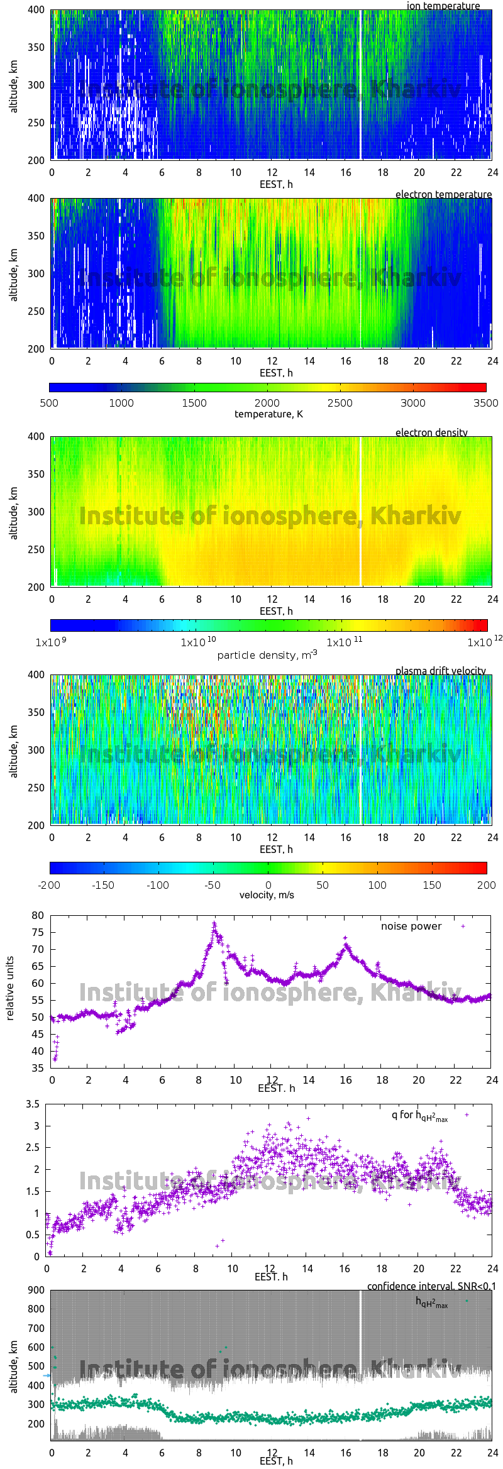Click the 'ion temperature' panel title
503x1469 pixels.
point(443,6)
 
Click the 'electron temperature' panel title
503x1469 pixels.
point(443,194)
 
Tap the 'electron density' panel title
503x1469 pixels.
point(431,432)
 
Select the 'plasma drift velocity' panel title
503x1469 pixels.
point(440,671)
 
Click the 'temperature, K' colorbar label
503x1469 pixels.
point(268,414)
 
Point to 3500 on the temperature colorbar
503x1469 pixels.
point(485,403)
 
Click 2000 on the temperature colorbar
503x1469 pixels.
point(267,403)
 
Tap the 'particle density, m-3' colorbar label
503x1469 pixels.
point(267,655)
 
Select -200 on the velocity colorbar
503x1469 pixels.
point(50,885)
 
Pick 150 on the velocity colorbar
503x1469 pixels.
point(431,885)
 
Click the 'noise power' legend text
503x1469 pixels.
point(411,926)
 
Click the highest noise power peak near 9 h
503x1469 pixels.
point(214,923)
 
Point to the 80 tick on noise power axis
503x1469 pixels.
point(38,915)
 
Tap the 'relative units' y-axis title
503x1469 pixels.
point(10,988)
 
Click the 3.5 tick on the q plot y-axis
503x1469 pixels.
point(33,1104)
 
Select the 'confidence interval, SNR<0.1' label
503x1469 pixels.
point(431,1286)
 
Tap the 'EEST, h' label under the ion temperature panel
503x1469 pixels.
point(276,184)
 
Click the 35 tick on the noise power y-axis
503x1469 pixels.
point(38,1068)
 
